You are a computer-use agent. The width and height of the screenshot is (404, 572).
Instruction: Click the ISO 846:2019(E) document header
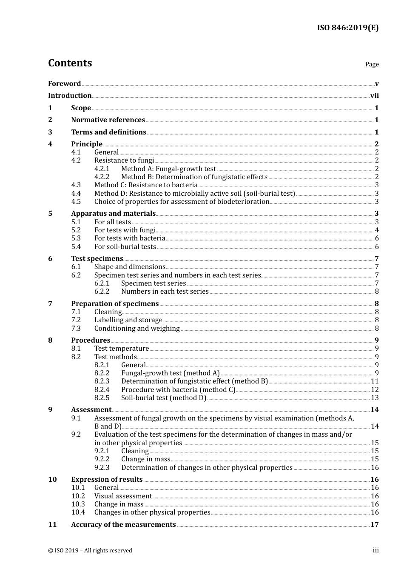347,28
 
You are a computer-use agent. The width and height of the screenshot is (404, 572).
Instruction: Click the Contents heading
70,63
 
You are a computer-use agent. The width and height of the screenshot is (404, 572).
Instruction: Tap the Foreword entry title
64,84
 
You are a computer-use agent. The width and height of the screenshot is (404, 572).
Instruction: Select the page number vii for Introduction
374,96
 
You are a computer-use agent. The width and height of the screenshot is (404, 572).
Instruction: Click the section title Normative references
108,120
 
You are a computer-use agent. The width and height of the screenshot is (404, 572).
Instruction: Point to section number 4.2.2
102,177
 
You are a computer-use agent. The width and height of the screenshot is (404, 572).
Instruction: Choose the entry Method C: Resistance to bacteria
146,185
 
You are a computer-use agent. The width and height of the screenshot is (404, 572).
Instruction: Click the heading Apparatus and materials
113,214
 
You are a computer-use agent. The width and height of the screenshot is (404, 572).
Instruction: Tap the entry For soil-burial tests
125,247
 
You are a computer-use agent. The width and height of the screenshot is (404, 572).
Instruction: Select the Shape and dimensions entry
130,267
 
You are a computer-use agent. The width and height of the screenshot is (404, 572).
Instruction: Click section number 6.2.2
102,292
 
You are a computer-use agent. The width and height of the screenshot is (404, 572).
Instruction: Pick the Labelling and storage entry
128,320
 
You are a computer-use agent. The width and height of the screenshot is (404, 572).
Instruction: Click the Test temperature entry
122,349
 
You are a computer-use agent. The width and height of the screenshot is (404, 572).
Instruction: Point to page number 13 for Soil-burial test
375,398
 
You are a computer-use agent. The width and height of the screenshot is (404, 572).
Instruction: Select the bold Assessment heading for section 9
91,410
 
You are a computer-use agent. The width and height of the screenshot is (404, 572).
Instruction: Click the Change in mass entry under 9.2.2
145,459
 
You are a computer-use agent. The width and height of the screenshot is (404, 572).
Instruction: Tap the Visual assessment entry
123,496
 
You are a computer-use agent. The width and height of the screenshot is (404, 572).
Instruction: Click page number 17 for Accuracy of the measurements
374,525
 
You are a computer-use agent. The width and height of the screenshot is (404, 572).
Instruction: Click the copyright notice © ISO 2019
90,551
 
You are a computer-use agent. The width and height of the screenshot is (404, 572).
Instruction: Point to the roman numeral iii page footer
376,550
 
